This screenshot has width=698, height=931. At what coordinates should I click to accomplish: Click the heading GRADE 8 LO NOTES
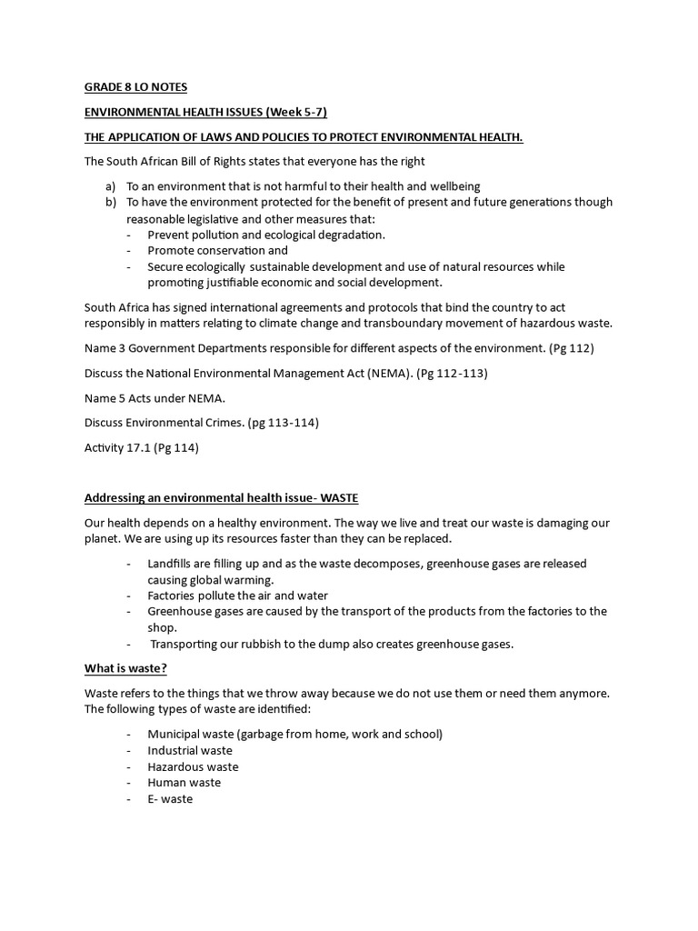135,87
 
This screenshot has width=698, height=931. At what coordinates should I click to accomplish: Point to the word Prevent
171,234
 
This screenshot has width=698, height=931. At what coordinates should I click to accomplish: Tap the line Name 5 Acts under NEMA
155,397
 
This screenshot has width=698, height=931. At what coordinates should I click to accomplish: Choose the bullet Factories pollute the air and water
237,596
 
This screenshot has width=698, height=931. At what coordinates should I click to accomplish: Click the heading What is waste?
125,669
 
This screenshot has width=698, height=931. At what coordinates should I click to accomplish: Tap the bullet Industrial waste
190,750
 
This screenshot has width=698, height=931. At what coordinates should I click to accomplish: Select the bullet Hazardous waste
193,766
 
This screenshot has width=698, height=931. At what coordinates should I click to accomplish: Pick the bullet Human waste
184,782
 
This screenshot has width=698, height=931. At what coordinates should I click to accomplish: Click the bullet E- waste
170,798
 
